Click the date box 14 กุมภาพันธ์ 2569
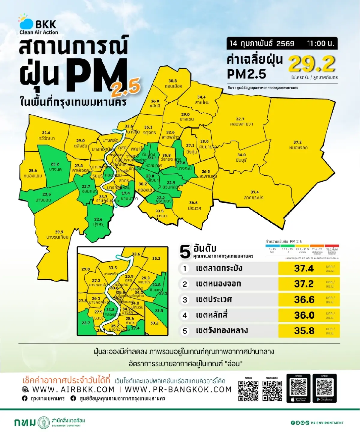click(262, 43)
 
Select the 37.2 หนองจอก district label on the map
click(298, 145)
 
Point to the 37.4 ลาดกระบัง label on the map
click(254, 195)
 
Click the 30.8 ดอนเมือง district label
click(173, 84)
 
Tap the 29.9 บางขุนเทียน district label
click(58, 234)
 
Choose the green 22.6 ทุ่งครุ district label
click(98, 222)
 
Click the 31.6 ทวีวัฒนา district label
click(46, 136)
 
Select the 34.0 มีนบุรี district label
click(241, 157)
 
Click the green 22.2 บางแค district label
click(55, 167)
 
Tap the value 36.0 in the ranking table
click(304, 315)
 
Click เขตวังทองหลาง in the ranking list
click(222, 331)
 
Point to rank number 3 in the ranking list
click(185, 300)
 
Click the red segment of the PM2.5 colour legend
click(332, 246)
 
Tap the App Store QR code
click(298, 387)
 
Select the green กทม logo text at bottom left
click(25, 422)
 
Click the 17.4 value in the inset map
click(135, 328)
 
